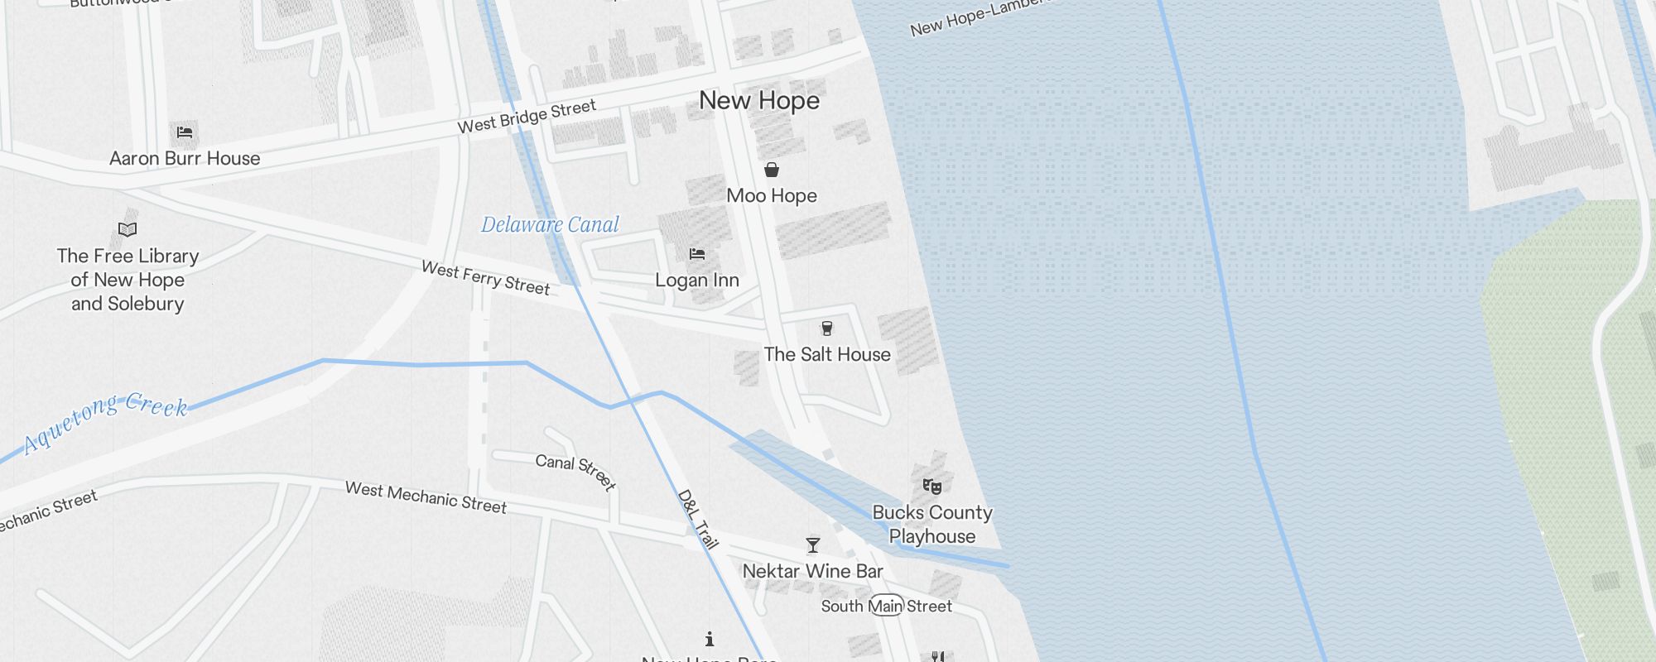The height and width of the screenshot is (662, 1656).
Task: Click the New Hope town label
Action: pos(759,101)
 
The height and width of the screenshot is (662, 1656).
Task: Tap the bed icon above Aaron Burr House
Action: pos(185,132)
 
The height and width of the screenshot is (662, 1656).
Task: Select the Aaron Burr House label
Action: pos(185,158)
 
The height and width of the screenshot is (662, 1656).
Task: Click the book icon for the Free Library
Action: pos(128,229)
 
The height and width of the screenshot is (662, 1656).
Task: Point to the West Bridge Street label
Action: pos(527,117)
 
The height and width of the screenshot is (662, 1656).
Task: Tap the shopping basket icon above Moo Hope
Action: pos(772,170)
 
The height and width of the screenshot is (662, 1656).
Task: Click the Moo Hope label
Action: pos(772,196)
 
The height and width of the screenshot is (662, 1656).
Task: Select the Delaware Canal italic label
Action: pos(550,225)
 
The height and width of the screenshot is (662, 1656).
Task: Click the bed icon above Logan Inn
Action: pos(697,254)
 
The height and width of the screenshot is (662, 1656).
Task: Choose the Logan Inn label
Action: pos(697,281)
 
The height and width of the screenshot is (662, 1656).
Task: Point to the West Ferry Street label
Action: pos(486,278)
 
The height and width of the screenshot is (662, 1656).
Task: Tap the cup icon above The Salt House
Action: pos(826,329)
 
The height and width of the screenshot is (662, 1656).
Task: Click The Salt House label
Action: pos(827,355)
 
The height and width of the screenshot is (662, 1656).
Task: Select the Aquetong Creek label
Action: pos(106,422)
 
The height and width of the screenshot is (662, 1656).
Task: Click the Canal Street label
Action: pos(575,472)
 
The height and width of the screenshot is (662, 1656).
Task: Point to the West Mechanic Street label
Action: pos(426,497)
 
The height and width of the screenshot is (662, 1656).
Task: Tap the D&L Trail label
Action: pos(697,520)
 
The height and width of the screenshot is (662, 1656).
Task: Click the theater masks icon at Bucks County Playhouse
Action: pos(932,486)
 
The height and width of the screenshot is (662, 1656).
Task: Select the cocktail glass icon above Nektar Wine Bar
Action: pos(813,545)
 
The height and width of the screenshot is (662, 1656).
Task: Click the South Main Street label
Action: pos(886,607)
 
